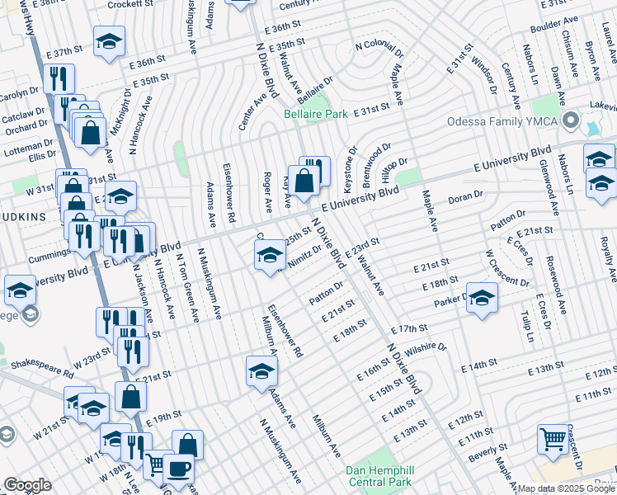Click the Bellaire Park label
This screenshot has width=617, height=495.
[x=316, y=115]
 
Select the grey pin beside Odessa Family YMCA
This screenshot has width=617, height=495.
[x=569, y=121]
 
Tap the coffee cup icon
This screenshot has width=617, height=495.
[x=178, y=468]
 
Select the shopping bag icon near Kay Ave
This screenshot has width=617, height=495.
[x=304, y=180]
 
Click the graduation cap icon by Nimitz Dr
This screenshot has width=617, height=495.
[x=269, y=257]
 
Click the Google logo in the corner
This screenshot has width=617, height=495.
[x=27, y=485]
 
